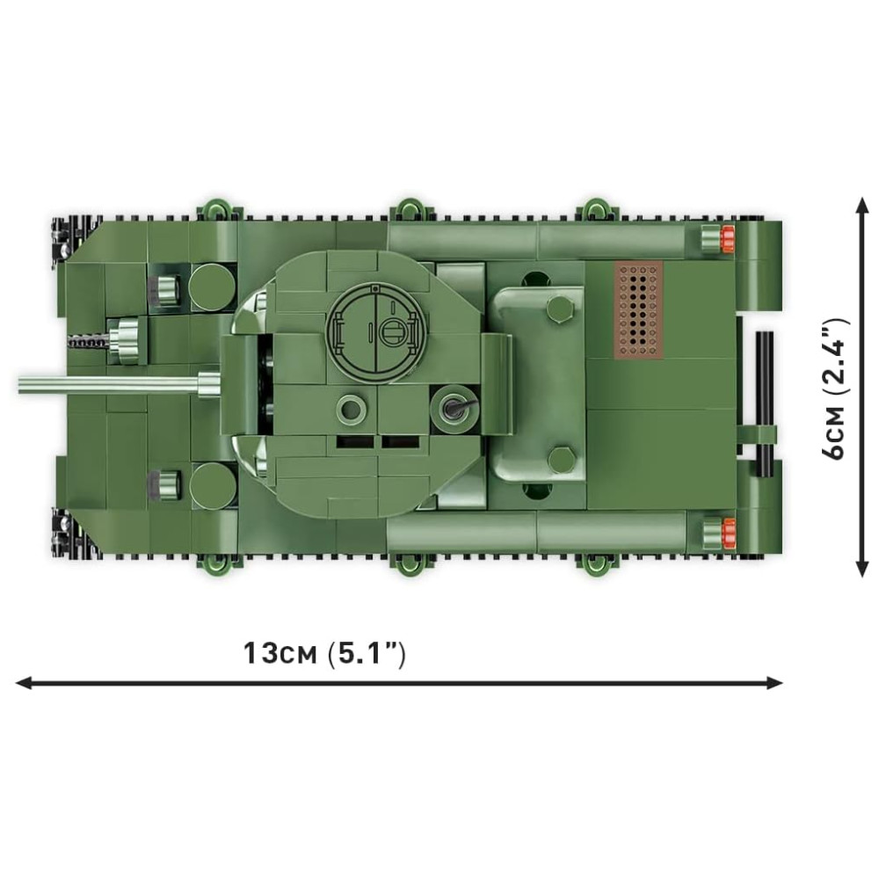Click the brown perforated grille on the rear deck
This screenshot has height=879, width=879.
pyautogui.click(x=640, y=310)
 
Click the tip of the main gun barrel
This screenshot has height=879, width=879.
pyautogui.click(x=20, y=385)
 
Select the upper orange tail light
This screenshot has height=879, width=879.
pyautogui.click(x=728, y=237)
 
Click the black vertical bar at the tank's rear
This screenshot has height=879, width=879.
pyautogui.click(x=764, y=403)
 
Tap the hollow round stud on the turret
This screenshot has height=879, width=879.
pyautogui.click(x=351, y=410)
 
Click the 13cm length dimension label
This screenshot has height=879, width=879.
pyautogui.click(x=324, y=654)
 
